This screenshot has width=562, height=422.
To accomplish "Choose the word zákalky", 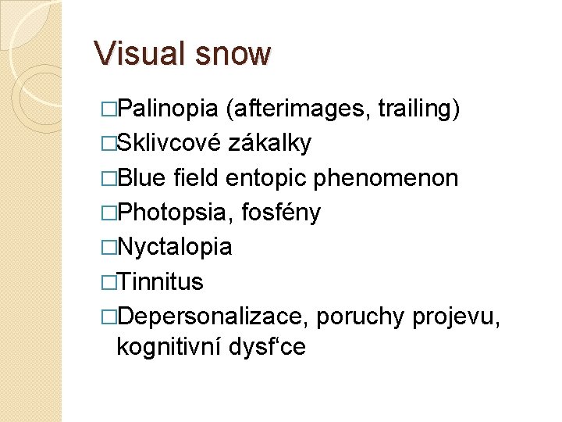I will point(270,144).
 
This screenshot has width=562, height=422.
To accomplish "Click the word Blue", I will point(141,178).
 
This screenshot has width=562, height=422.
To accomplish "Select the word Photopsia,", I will point(176,213).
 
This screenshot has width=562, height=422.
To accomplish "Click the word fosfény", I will point(281,213).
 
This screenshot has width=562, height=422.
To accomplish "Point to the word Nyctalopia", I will point(174,247).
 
